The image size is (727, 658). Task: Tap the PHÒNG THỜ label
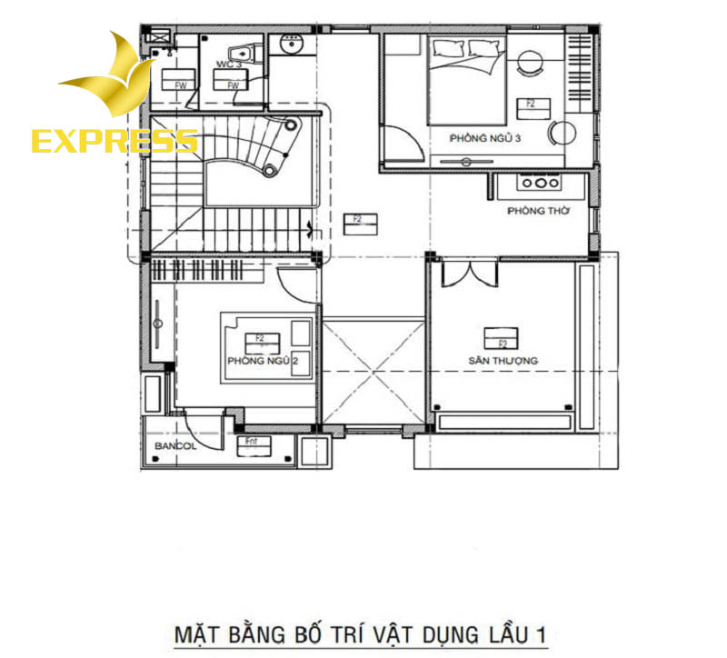click(x=538, y=211)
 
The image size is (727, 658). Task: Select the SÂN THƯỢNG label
click(x=503, y=361)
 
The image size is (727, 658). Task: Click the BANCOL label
click(x=175, y=447)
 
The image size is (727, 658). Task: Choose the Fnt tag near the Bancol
click(x=248, y=444)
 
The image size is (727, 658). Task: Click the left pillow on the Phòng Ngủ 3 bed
click(x=447, y=49)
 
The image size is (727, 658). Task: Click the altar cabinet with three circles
click(x=540, y=184)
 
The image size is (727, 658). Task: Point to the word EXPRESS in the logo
click(x=115, y=141)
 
